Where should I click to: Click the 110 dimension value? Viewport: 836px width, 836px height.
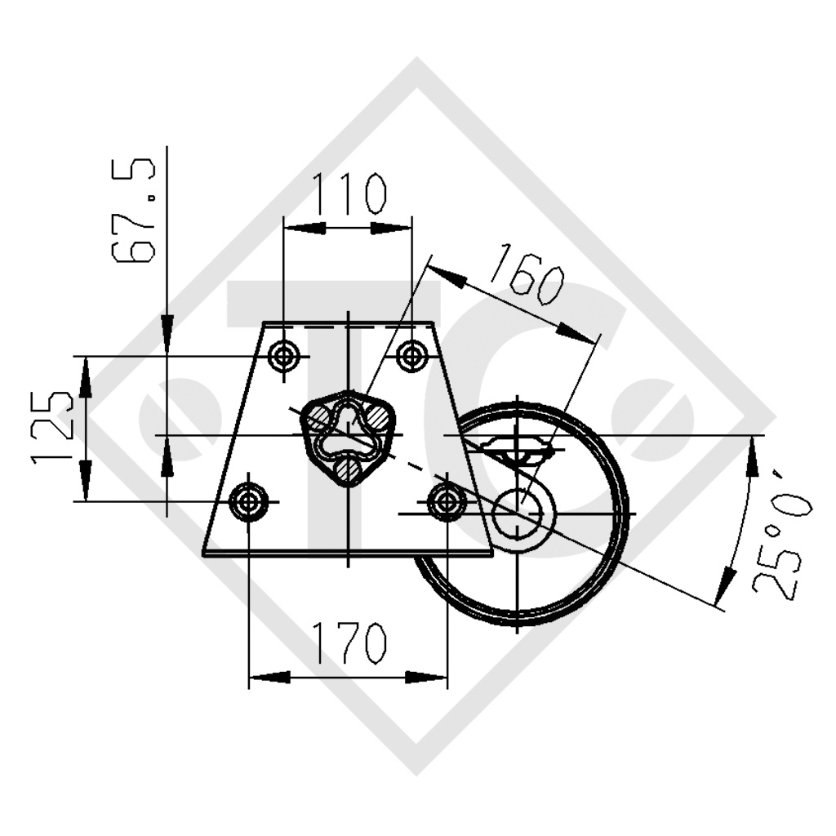(x=347, y=194)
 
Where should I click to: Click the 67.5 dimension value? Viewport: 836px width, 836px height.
(x=134, y=212)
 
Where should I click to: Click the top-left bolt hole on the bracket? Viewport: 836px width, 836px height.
(x=283, y=356)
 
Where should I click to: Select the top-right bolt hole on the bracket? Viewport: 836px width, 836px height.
(x=411, y=356)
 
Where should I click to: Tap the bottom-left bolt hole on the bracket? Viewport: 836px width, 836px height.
(x=248, y=501)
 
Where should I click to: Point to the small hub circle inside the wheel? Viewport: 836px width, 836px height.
(x=518, y=513)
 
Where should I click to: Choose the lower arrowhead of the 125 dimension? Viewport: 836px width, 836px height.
(x=85, y=482)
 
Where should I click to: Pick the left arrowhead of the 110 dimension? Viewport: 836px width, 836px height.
(x=302, y=228)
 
